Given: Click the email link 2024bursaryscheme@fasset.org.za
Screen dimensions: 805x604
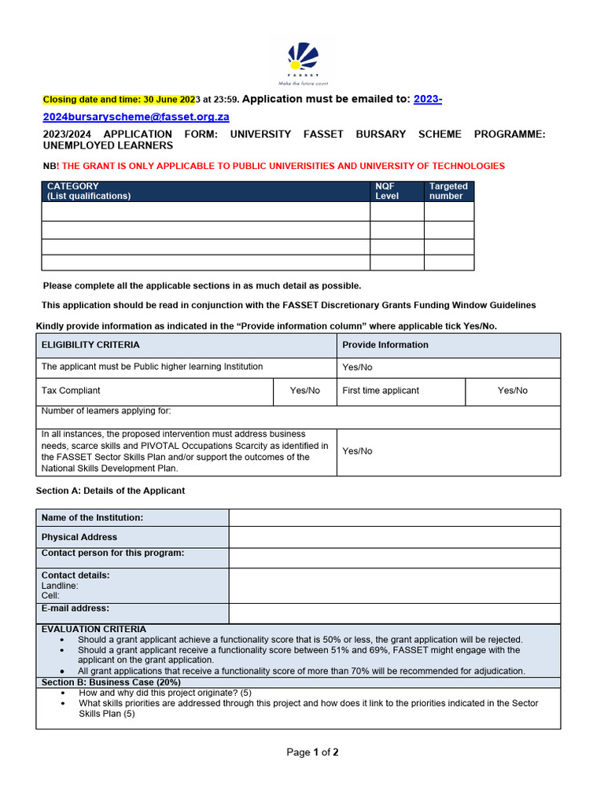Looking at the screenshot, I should [x=135, y=116].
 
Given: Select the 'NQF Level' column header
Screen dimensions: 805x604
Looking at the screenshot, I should [x=387, y=191].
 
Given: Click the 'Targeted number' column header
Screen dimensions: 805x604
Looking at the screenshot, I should [x=448, y=191].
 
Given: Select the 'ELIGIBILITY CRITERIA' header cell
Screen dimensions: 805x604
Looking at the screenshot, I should [x=90, y=345].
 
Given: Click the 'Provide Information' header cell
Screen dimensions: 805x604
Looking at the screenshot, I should [x=385, y=345].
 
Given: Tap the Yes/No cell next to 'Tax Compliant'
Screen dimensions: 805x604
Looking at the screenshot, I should [x=305, y=391].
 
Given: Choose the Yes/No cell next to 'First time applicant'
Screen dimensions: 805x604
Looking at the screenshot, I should [x=512, y=391].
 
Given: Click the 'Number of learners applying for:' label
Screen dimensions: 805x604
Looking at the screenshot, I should [x=106, y=411].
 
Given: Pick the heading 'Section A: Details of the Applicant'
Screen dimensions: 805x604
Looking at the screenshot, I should [x=110, y=491].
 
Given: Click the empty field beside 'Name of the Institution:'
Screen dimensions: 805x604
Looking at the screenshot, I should [x=394, y=517].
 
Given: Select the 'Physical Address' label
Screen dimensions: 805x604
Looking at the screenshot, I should [x=79, y=537].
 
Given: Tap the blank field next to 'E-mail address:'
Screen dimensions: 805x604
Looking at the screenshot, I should [x=394, y=613].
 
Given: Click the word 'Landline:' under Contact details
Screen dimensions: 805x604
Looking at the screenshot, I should [x=60, y=586].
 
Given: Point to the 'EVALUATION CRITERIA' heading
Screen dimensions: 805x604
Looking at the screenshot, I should [x=94, y=629].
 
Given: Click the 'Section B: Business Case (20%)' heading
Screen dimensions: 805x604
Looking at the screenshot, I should [x=111, y=682].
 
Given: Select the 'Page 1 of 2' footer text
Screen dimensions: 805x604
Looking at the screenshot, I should [x=312, y=752].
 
